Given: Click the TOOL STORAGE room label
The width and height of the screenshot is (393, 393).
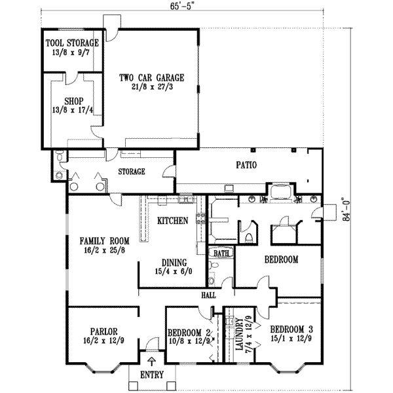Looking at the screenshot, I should coord(72,43).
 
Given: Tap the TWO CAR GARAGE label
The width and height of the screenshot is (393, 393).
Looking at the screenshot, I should coord(151,77).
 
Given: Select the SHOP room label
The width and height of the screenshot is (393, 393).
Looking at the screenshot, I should coord(72,102).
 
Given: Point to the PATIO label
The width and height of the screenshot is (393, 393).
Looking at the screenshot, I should coord(246,166).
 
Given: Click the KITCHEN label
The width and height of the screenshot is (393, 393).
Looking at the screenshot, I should coord(173,221).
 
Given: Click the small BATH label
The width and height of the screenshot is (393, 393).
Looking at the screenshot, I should coord(220,252).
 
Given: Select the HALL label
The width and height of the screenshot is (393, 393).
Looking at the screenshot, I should coord(208,296).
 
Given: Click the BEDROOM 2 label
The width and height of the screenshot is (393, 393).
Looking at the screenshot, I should coord(189,332).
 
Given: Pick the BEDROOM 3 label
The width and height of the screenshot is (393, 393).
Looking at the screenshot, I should coord(288,328).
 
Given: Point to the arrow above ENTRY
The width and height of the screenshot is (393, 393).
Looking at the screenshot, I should coord(153,360).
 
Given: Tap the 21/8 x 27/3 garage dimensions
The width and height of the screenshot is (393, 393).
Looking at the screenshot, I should coord(151,86).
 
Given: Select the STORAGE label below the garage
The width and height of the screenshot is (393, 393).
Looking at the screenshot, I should coord(131,172).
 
